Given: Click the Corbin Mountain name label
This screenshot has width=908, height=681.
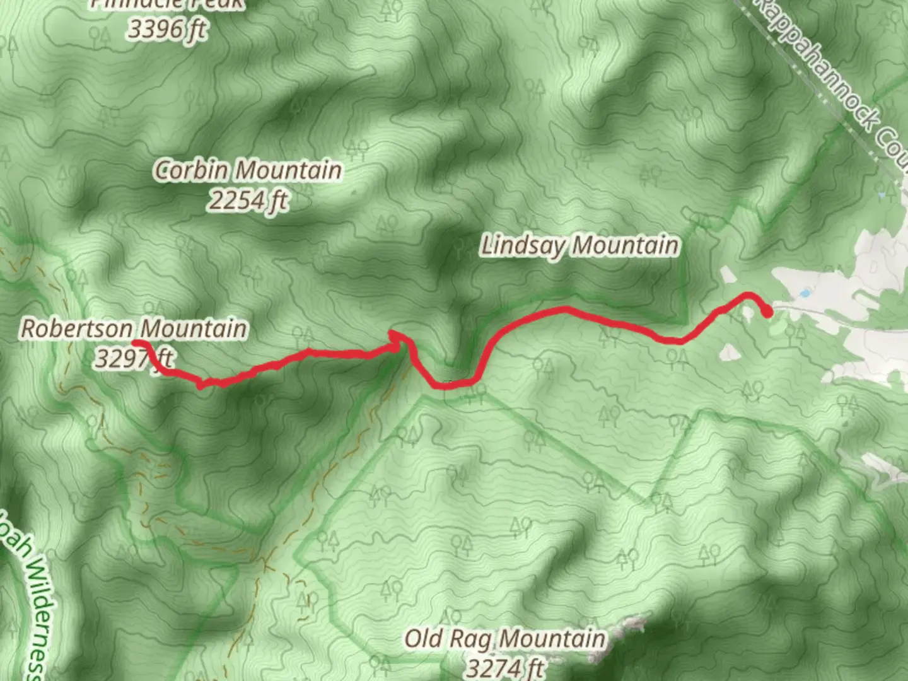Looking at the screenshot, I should tap(249, 170).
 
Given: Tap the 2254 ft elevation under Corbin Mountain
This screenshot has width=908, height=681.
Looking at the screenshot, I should tap(248, 201).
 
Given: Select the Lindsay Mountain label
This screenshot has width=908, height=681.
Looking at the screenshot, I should tap(580, 245).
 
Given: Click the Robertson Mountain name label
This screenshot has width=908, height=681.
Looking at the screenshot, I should tap(134, 329).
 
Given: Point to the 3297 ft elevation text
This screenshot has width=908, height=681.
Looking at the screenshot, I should tap(132, 358).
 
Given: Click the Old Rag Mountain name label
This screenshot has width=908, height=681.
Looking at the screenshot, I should tap(504, 639).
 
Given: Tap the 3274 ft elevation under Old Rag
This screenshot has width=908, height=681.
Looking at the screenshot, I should tap(504, 667).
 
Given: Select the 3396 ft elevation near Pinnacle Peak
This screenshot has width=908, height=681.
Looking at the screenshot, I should tap(167, 28).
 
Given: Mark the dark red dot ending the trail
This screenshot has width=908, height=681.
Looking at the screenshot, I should tap(767, 311).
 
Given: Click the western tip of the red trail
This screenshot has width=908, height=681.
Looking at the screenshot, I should tap(136, 343).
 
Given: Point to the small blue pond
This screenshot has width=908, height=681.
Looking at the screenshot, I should tap(805, 293).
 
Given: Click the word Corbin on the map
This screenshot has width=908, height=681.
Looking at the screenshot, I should tap(192, 170).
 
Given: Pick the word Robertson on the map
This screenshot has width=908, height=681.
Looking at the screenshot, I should tap(77, 329).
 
